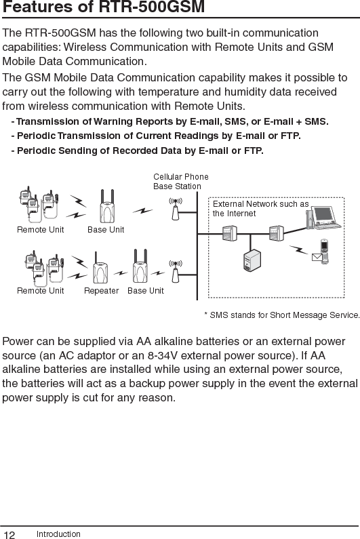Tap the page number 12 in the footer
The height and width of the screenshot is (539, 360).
click(9, 534)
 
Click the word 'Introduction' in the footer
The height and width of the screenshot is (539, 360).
click(58, 534)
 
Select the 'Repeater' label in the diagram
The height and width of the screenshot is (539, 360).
click(101, 291)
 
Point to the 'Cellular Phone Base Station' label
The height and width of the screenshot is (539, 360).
click(181, 181)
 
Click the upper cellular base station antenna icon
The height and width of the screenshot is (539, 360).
click(176, 208)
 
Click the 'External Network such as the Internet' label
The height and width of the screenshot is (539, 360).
click(260, 208)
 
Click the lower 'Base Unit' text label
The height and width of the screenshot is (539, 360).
click(146, 291)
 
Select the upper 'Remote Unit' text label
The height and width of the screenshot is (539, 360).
click(41, 230)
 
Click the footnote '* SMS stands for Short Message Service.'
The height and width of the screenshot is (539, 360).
click(281, 315)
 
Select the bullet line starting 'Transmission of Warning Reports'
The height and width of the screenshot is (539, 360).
click(169, 122)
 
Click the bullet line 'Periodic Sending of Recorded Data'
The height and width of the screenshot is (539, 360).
click(137, 150)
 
